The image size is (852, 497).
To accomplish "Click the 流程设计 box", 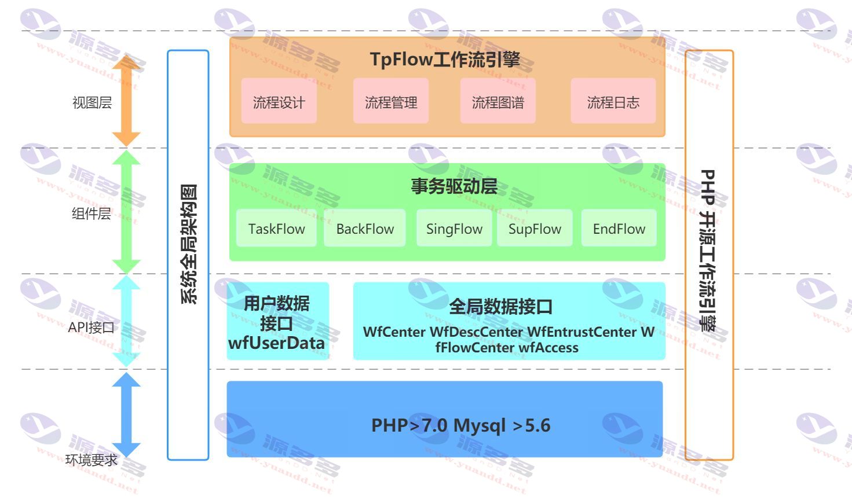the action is (x=279, y=101).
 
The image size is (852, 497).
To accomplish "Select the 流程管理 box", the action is (x=390, y=101).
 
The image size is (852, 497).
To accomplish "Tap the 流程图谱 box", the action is (x=498, y=101).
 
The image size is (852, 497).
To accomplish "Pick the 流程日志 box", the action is (x=613, y=101).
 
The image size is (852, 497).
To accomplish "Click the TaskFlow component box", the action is (x=276, y=228).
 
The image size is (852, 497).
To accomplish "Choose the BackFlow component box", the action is (x=365, y=228).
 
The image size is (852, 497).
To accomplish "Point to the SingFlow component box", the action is (x=454, y=228).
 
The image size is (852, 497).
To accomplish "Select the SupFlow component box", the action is (x=535, y=228).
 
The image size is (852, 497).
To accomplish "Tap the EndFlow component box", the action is (x=619, y=228).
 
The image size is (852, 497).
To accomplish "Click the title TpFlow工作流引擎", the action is (x=445, y=59).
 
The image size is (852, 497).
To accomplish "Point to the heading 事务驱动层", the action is (x=454, y=186).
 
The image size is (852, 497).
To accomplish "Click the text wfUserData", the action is (x=276, y=343).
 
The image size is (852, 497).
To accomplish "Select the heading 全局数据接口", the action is (x=500, y=306).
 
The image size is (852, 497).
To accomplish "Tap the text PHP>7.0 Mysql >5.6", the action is (x=460, y=425).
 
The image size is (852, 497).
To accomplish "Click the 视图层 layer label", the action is (x=92, y=102).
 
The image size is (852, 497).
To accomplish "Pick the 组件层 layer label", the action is (x=92, y=213).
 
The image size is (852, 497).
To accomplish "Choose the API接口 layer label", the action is (x=92, y=327).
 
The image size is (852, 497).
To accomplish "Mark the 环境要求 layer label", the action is (x=92, y=460).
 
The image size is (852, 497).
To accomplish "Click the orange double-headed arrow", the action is (x=126, y=101).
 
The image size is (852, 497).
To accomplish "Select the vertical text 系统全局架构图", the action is (x=189, y=244).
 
